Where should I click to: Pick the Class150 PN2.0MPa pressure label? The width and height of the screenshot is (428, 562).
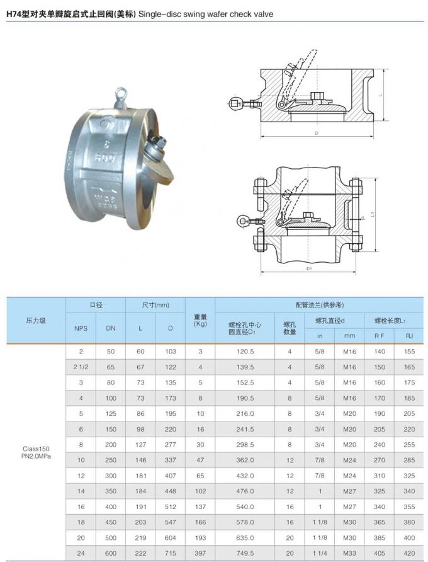click(36, 452)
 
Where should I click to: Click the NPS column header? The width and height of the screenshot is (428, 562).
click(81, 328)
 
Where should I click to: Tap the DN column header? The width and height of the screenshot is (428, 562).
click(111, 328)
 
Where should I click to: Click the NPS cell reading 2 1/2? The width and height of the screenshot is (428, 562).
click(81, 367)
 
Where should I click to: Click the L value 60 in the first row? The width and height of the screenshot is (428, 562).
click(140, 351)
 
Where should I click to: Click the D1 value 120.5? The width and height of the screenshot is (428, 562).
click(245, 351)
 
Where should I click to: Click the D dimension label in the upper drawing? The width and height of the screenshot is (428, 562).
click(315, 134)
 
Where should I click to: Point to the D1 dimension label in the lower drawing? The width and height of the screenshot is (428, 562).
click(309, 268)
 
